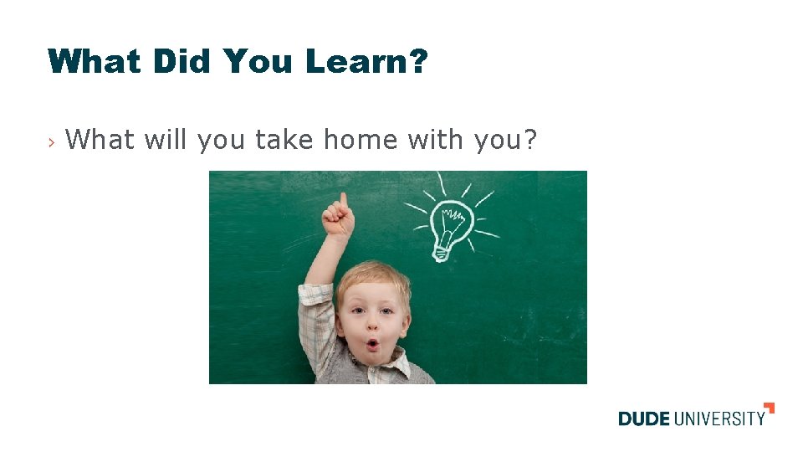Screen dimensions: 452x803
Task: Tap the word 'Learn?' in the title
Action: click(x=366, y=61)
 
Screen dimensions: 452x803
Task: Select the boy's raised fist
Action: click(x=339, y=220)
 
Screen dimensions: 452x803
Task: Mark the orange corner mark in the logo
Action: click(x=770, y=408)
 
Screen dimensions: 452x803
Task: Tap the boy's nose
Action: click(x=371, y=325)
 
